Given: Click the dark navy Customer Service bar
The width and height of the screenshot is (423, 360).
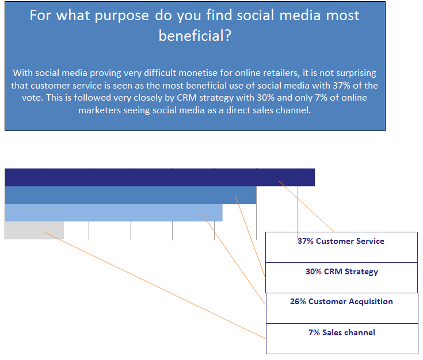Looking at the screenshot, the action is point(160,177).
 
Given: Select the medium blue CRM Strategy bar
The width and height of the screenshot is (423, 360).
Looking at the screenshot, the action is point(131,195).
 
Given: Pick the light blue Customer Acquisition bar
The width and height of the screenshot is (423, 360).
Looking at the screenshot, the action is point(113,213).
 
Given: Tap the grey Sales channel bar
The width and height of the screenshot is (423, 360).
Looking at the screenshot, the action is point(35,230).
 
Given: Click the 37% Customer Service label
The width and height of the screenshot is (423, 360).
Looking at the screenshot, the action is point(341,241).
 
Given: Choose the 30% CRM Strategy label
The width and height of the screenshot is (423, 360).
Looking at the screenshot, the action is point(342,271).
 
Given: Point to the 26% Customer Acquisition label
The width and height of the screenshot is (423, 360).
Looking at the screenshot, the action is point(341,301).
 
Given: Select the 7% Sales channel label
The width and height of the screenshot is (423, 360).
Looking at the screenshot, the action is point(342,332).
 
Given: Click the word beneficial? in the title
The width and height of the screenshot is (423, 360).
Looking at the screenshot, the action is point(195,36).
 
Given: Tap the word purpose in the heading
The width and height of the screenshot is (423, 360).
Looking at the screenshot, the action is point(121,16).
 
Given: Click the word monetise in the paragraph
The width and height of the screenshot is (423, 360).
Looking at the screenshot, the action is point(198,73).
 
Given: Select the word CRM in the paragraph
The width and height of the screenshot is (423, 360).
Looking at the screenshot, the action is point(186,98).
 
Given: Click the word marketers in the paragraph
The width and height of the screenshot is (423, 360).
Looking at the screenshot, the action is point(100,110).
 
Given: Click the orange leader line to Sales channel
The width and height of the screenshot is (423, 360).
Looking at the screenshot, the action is point(155,285).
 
